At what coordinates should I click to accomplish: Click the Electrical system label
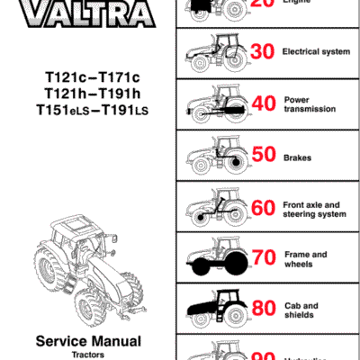(316, 52)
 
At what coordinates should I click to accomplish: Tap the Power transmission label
(310, 104)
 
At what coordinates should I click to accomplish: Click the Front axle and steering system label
(314, 209)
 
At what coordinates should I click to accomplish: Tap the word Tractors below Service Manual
(88, 355)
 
